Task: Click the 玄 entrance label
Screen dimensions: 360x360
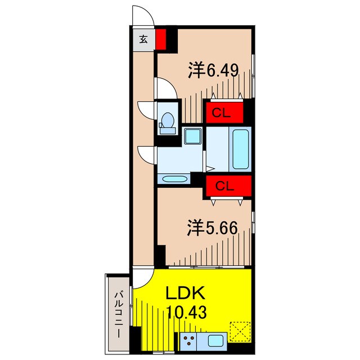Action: pos(143,39)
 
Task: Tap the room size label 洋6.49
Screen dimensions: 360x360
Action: pos(214,71)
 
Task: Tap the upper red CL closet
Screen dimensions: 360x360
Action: pos(224,112)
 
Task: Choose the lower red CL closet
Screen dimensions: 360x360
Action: pos(224,185)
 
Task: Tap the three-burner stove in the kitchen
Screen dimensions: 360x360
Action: pos(190,340)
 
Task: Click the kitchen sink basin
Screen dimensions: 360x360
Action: pos(216,340)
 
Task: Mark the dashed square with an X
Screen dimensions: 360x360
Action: pos(240,331)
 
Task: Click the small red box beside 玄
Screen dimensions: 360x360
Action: pos(161,39)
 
